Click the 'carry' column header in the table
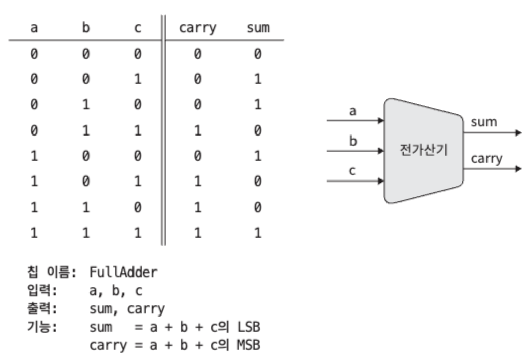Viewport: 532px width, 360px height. [x=197, y=27]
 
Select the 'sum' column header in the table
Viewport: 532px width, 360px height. [x=258, y=27]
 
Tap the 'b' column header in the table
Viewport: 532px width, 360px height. [x=85, y=27]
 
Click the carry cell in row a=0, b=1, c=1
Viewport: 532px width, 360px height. [x=197, y=131]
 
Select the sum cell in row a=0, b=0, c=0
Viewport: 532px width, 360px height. [x=258, y=54]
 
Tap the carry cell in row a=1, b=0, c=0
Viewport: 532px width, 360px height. [x=197, y=157]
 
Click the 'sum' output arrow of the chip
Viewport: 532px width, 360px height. [x=493, y=133]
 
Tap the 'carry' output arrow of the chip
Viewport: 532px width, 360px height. [x=493, y=168]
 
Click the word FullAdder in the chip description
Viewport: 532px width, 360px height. [x=123, y=272]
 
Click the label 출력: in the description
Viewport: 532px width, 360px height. [x=42, y=309]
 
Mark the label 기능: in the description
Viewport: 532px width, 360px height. [x=42, y=328]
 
